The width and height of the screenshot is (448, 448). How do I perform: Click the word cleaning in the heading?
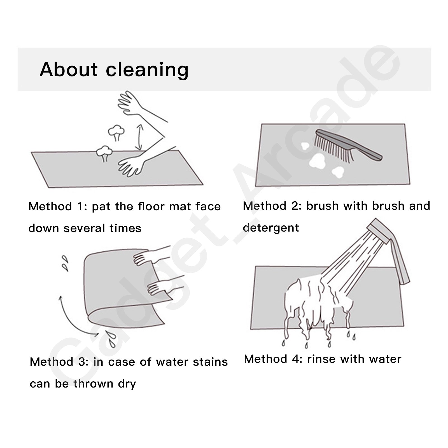pyautogui.click(x=147, y=70)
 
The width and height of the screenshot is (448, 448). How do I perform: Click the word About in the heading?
pyautogui.click(x=69, y=69)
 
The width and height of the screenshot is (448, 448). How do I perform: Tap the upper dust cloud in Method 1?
pyautogui.click(x=116, y=133)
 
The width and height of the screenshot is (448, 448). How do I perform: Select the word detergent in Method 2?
pyautogui.click(x=271, y=228)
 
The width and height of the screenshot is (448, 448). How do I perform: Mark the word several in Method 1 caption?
pyautogui.click(x=84, y=228)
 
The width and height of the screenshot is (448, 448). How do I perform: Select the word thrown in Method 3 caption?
pyautogui.click(x=93, y=384)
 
